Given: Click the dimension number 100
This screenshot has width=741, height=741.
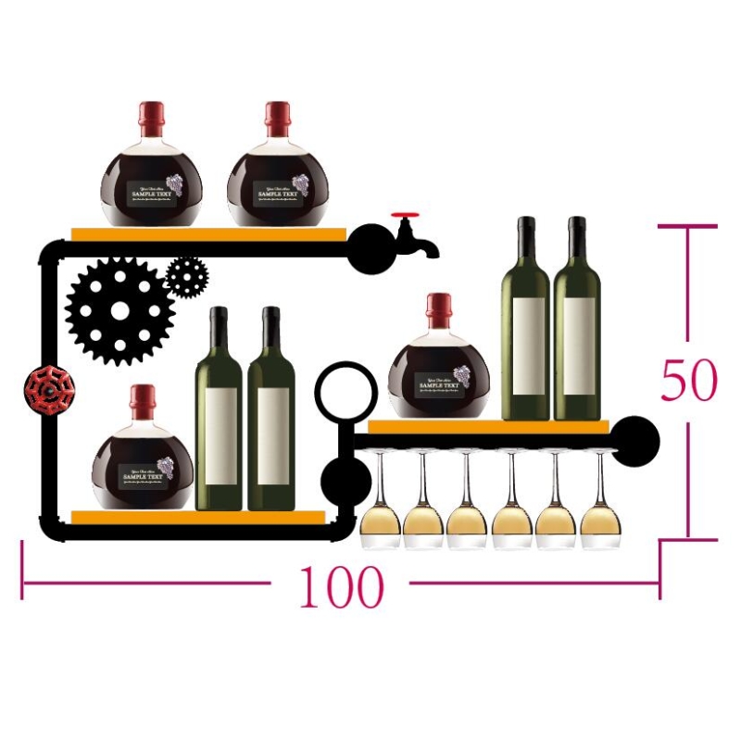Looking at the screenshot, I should coord(341,587).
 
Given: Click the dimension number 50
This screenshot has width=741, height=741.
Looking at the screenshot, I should coord(689,380).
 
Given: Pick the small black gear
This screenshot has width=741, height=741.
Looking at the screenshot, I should coord(187,276).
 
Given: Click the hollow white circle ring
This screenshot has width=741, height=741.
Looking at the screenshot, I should coord(345,391).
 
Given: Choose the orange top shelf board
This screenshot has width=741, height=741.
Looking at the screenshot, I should coord(208,234).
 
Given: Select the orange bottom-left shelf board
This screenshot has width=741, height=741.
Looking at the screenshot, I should coord(198,517).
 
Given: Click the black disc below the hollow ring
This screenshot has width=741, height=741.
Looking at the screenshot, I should coord(345,480).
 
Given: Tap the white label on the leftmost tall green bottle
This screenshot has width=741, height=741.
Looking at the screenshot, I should coord(220,433).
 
